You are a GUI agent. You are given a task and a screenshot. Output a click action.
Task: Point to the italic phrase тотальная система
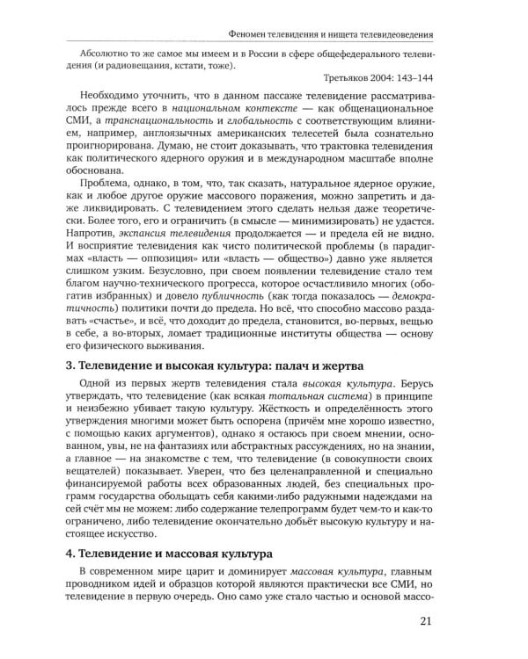click(x=311, y=427)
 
